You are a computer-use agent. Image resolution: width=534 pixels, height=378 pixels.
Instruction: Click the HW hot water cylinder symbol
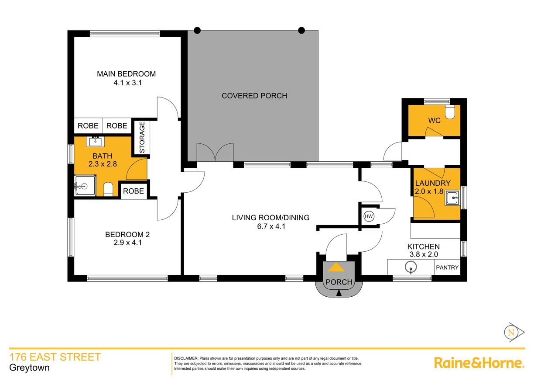click(369, 216)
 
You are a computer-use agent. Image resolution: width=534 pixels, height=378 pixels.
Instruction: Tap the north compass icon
click(510, 333)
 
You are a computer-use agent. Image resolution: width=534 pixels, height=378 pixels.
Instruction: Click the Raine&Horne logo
click(479, 363)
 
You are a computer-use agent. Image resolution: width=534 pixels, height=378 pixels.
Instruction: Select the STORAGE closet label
click(142, 138)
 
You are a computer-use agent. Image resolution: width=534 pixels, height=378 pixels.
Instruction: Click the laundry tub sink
click(453, 198)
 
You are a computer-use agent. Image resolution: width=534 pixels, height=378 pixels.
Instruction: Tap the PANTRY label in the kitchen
click(447, 267)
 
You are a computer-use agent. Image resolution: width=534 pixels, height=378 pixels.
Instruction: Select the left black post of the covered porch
click(197, 31)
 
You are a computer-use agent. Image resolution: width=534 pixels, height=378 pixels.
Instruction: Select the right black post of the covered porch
click(301, 31)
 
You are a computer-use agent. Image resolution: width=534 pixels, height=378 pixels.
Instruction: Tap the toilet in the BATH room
click(108, 189)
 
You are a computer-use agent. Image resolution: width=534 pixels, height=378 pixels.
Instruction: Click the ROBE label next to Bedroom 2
click(133, 191)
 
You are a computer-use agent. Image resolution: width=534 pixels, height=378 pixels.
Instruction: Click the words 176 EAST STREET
click(55, 357)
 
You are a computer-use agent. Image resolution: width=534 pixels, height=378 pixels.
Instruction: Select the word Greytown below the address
click(29, 368)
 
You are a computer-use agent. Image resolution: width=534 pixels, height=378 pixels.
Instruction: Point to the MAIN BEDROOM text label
click(126, 74)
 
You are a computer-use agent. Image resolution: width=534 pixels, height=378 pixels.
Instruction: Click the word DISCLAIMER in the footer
click(186, 358)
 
